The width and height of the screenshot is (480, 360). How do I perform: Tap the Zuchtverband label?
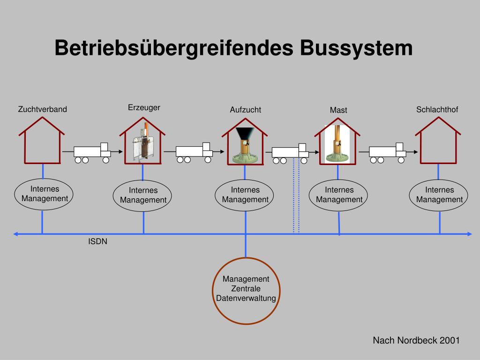pyautogui.click(x=43, y=109)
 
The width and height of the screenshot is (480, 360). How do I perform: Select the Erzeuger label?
pyautogui.click(x=144, y=107)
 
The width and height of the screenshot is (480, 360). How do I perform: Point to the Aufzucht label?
pyautogui.click(x=245, y=110)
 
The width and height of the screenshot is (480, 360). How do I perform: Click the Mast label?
pyautogui.click(x=338, y=110)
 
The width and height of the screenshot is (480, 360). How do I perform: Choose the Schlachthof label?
pyautogui.click(x=437, y=109)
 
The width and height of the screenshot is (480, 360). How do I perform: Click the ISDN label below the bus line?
pyautogui.click(x=98, y=242)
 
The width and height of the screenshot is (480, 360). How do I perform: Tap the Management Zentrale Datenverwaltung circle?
pyautogui.click(x=246, y=290)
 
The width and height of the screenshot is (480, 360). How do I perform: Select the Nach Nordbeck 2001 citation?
pyautogui.click(x=416, y=340)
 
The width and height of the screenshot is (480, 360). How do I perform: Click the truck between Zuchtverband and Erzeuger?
pyautogui.click(x=92, y=152)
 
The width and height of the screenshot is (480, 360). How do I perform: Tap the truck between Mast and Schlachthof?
pyautogui.click(x=387, y=152)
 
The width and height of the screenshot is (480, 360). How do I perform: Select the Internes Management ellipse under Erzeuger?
pyautogui.click(x=143, y=195)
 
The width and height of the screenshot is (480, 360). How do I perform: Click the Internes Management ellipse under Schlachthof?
pyautogui.click(x=439, y=195)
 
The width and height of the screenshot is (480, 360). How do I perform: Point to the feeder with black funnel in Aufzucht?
pyautogui.click(x=245, y=145)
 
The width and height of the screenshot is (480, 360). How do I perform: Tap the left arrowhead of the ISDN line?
pyautogui.click(x=16, y=234)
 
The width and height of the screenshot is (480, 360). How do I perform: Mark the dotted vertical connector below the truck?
pyautogui.click(x=296, y=197)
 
